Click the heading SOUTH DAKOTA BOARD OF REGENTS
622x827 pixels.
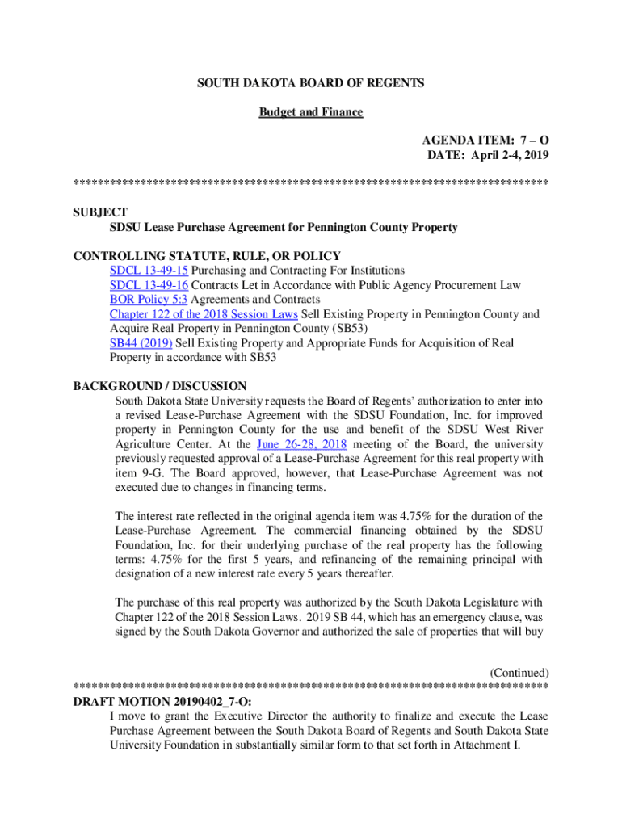311,83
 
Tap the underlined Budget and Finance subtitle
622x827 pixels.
311,112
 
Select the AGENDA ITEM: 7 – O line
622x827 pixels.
485,141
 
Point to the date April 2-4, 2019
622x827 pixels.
511,155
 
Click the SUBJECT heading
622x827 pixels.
100,212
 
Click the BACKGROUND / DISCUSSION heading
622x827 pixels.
160,386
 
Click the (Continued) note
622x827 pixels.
519,673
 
